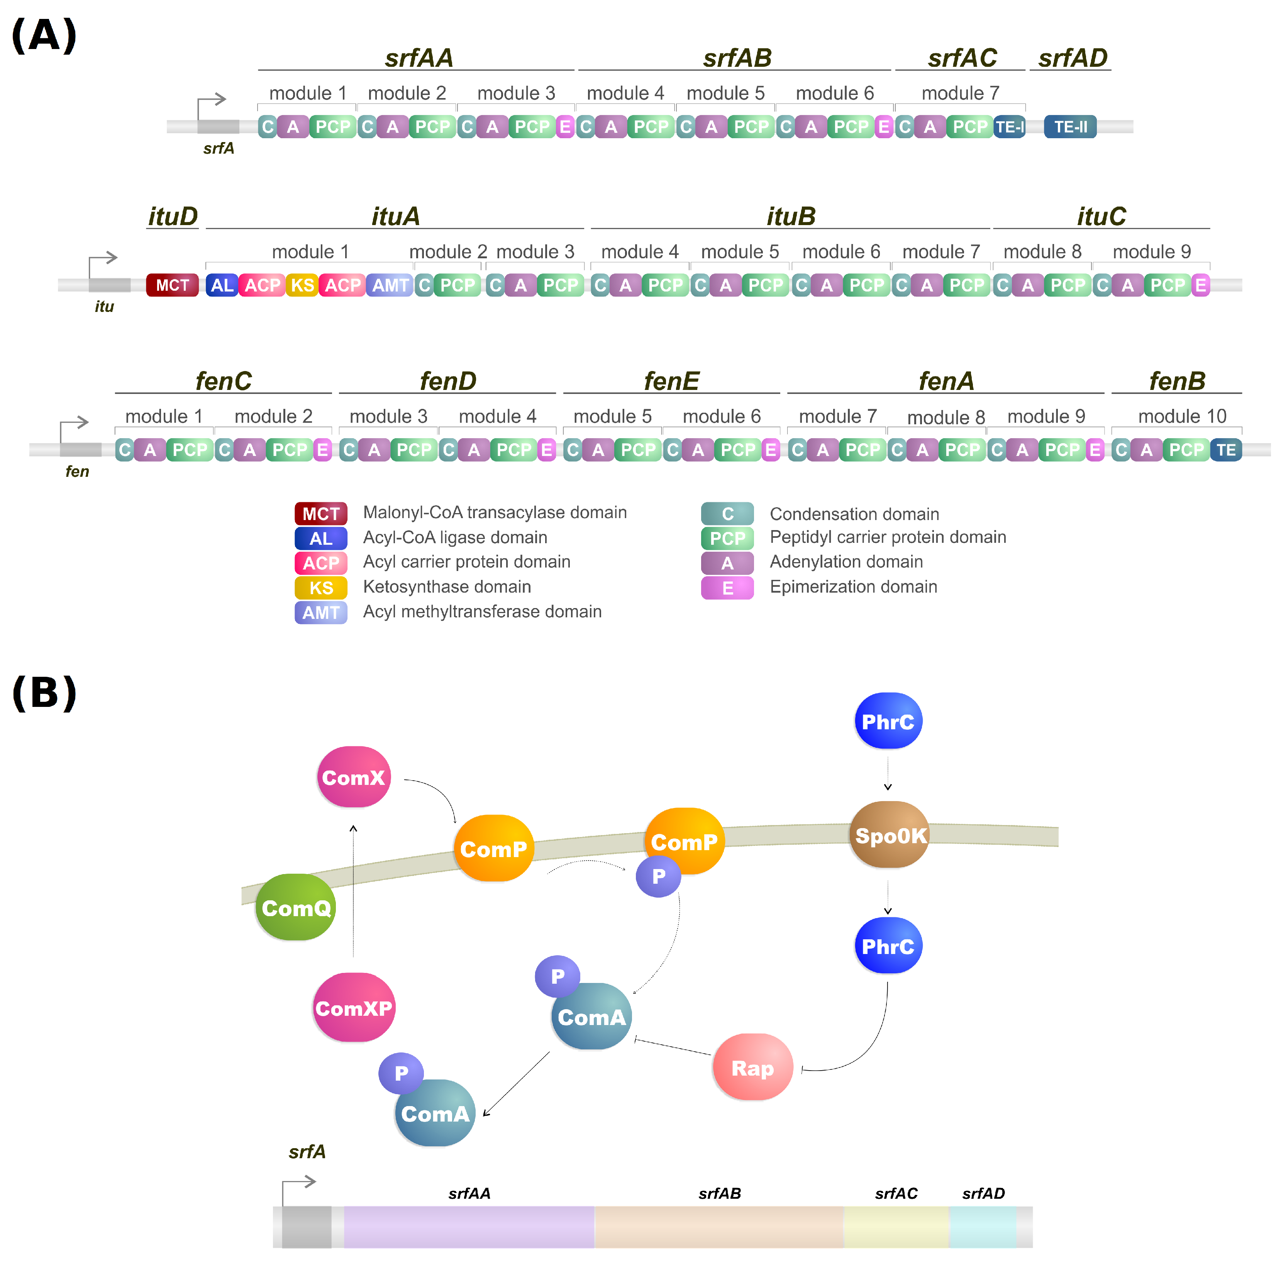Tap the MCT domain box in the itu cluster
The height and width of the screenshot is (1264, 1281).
[x=173, y=285]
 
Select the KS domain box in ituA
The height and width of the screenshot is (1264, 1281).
[x=302, y=285]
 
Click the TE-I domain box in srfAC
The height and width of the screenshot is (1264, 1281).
[x=1009, y=127]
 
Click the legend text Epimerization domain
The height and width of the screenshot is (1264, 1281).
[x=853, y=587]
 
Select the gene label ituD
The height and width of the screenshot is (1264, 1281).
[x=173, y=216]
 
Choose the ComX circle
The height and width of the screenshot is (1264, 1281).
[x=353, y=777]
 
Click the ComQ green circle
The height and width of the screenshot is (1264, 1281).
[x=296, y=907]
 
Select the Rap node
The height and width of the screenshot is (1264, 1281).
[x=752, y=1068]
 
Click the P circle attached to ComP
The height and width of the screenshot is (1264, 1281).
[x=658, y=876]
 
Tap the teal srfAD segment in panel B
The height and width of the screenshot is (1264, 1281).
[x=983, y=1227]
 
